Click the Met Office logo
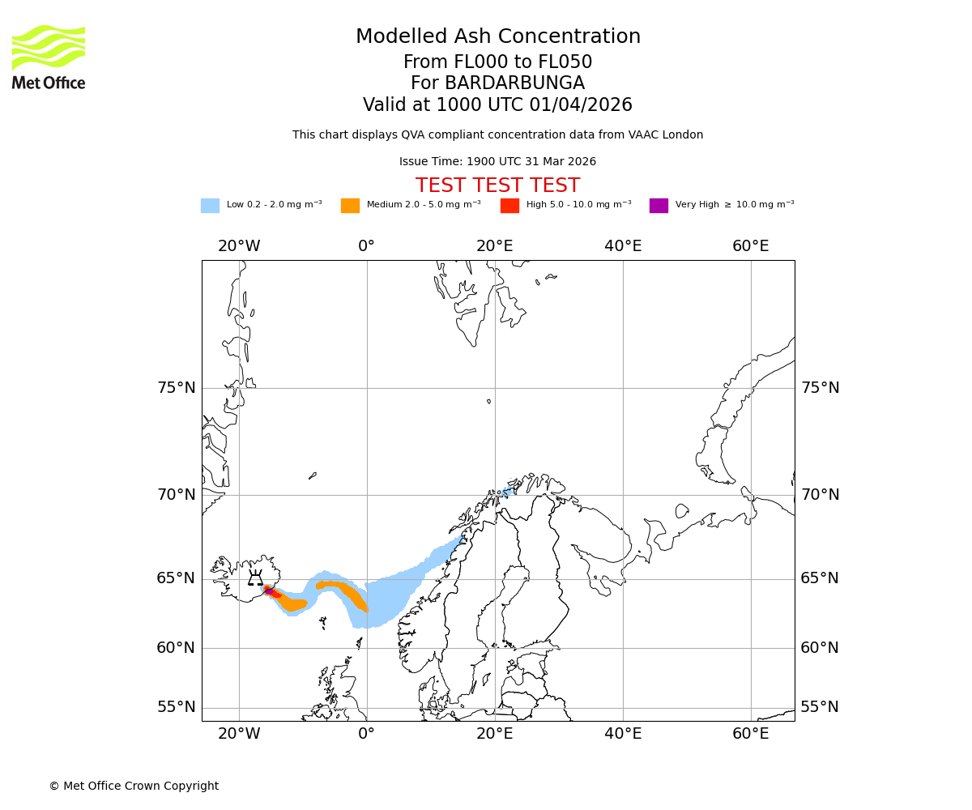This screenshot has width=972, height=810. (49, 57)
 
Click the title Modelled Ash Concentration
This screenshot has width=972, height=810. (497, 37)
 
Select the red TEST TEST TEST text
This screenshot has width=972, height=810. (497, 185)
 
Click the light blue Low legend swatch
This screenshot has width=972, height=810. (210, 206)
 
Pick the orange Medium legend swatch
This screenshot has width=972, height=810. (350, 206)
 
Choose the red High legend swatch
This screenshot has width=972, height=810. (509, 206)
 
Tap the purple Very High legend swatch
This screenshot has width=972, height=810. (659, 206)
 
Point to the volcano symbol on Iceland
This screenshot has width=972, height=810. (255, 578)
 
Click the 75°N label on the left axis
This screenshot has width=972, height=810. (177, 388)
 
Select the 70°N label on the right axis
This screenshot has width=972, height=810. (820, 495)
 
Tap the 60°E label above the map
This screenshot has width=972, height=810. (750, 246)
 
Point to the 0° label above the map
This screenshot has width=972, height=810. (366, 246)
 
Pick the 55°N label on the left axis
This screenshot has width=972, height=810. (177, 707)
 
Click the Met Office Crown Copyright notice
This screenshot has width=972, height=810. (134, 786)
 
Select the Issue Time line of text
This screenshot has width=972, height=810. (497, 162)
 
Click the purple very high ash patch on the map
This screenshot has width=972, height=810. (268, 590)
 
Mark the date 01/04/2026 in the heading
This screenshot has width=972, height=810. (581, 105)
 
